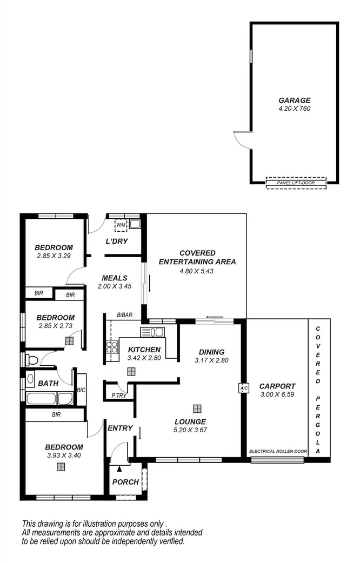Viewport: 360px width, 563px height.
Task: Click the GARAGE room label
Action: (295, 100)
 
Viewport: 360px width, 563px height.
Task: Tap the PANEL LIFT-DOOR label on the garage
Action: (296, 183)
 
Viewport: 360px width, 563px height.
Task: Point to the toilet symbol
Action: (32, 360)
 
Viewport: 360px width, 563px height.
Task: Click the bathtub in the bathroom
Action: (42, 400)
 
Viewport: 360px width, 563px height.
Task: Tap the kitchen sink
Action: (148, 332)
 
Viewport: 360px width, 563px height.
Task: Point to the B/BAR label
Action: (125, 314)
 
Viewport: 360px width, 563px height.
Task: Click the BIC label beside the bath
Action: (82, 390)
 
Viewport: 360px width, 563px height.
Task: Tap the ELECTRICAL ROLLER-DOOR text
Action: (277, 451)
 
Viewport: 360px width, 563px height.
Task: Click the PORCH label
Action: (125, 482)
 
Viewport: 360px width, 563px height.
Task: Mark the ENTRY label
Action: (120, 428)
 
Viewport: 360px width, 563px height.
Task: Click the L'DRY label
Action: (116, 241)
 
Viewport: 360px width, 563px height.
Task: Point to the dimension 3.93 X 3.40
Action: (63, 455)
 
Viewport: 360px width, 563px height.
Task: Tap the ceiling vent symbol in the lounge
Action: (198, 408)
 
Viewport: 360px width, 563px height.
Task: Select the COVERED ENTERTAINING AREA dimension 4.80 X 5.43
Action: (197, 271)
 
